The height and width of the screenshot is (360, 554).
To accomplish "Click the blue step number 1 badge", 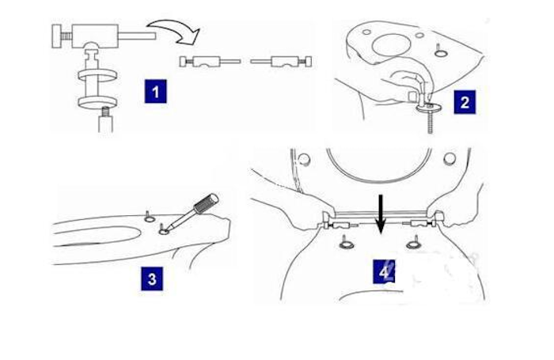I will pyautogui.click(x=155, y=92).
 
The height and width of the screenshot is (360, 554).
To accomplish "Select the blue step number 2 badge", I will pyautogui.click(x=464, y=102).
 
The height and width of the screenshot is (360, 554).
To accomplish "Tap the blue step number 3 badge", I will pyautogui.click(x=152, y=278).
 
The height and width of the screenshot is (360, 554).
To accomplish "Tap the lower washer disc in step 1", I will pyautogui.click(x=93, y=103).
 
